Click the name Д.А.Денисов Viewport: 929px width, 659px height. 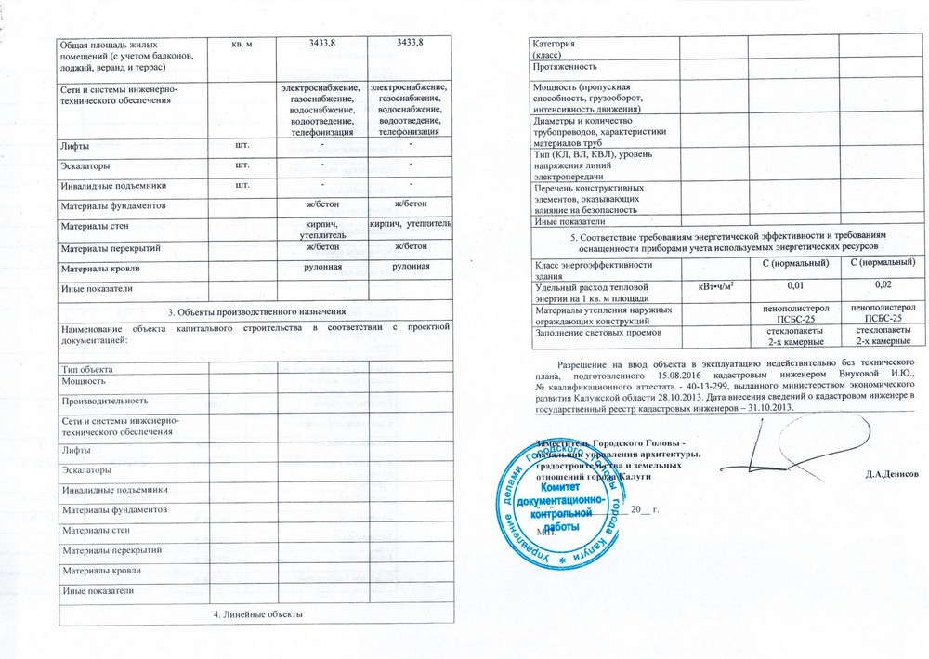click(x=891, y=473)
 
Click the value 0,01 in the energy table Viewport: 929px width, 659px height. click(x=794, y=283)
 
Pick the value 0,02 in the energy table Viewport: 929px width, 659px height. click(x=883, y=283)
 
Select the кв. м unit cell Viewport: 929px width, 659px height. click(x=240, y=45)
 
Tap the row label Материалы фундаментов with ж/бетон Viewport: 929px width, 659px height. click(x=112, y=204)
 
